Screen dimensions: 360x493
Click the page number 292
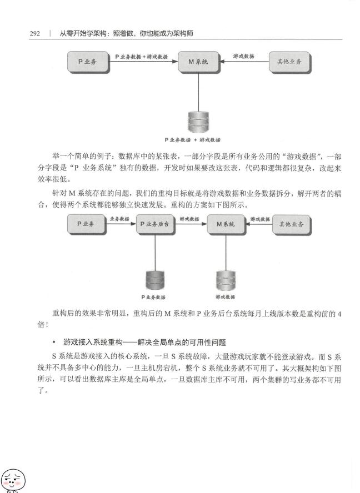[35, 33]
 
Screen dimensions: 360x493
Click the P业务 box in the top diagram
[88, 62]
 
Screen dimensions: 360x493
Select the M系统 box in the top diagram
[198, 62]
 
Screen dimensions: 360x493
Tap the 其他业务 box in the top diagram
[289, 62]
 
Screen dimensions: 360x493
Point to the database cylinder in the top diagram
[198, 122]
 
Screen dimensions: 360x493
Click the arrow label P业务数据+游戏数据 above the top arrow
[141, 57]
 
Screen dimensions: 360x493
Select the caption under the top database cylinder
[192, 139]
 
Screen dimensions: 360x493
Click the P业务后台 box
[155, 224]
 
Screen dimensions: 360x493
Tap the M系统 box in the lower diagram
[226, 224]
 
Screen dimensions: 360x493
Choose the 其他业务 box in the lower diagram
[292, 224]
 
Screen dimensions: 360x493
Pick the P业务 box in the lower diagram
[86, 224]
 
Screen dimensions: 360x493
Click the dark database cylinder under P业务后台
[155, 280]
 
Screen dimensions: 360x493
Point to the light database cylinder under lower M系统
[226, 280]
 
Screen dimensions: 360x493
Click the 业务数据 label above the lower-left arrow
[119, 219]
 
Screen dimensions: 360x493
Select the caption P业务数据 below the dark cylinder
[153, 297]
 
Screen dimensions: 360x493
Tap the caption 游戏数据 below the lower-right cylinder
[226, 296]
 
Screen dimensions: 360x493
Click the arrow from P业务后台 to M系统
[191, 224]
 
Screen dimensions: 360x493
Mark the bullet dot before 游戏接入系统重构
[54, 342]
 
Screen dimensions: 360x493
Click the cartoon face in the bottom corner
[13, 481]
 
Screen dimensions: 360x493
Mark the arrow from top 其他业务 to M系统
[244, 62]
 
